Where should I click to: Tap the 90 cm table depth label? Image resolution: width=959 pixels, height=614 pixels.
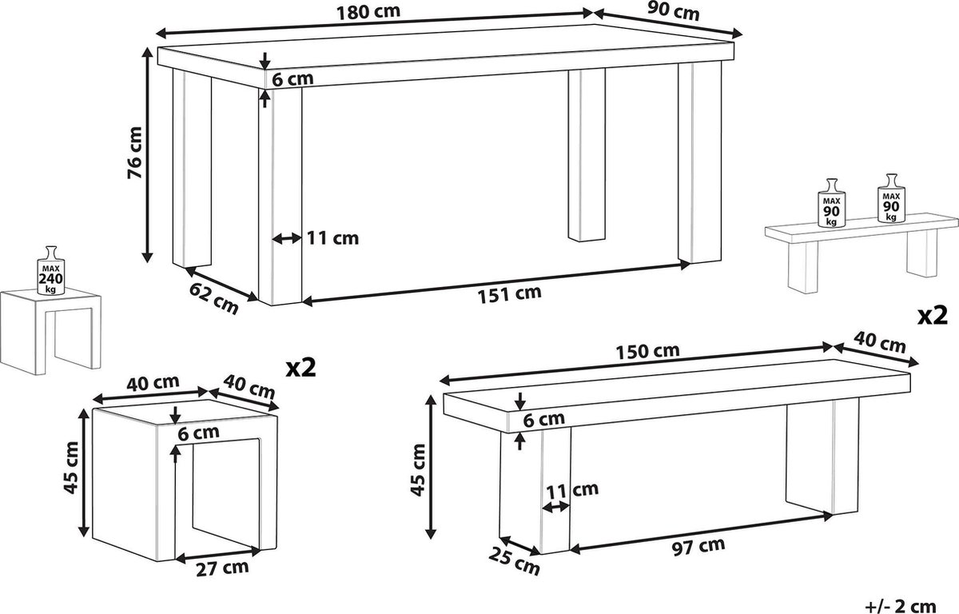(673, 11)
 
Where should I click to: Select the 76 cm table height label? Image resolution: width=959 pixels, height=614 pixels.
(135, 153)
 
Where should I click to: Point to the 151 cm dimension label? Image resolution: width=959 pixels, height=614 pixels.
(510, 294)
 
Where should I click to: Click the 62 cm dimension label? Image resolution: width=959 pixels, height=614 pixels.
(213, 298)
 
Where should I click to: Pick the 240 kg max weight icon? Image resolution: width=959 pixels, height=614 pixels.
(51, 270)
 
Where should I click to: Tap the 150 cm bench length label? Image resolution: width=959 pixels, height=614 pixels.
(648, 351)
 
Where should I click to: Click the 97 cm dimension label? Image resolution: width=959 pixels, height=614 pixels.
(698, 547)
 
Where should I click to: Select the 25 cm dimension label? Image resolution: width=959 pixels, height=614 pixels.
(514, 561)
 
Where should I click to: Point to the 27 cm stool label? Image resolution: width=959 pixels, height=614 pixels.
(222, 568)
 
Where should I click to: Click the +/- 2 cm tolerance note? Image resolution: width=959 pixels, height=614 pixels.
(901, 606)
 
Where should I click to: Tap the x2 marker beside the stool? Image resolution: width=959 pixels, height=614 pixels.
(301, 368)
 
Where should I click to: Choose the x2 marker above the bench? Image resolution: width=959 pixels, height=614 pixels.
(933, 317)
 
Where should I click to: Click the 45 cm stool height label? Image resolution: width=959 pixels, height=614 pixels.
(71, 468)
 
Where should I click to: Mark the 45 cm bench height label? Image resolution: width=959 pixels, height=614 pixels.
(418, 470)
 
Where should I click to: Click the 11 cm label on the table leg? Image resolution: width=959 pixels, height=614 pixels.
(332, 238)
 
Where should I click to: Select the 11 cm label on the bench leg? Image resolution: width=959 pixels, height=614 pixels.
(572, 490)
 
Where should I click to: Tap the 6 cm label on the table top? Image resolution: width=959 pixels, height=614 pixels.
(292, 79)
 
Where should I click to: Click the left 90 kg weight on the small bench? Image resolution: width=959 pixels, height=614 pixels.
(831, 203)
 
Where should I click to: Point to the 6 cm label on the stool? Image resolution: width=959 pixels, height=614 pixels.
(198, 433)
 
